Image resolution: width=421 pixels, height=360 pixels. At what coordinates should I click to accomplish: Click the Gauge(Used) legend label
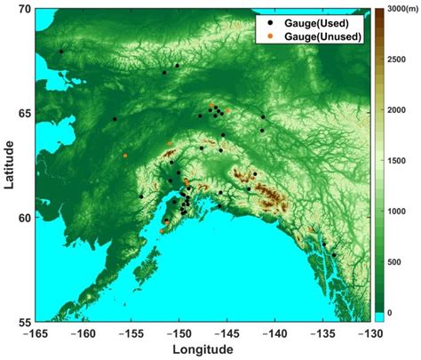point(326,21)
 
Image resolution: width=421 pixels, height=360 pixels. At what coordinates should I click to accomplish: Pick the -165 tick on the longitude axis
point(37,333)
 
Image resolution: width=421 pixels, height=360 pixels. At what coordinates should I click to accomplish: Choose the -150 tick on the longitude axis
point(179,333)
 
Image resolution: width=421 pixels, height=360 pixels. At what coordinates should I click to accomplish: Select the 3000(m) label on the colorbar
point(400,10)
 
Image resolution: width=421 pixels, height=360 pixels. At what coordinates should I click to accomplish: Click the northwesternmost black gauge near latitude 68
point(61,52)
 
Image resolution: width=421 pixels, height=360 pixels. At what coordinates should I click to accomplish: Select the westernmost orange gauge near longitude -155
point(125,156)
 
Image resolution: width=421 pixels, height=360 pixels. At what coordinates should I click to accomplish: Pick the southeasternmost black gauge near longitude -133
point(334,255)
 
